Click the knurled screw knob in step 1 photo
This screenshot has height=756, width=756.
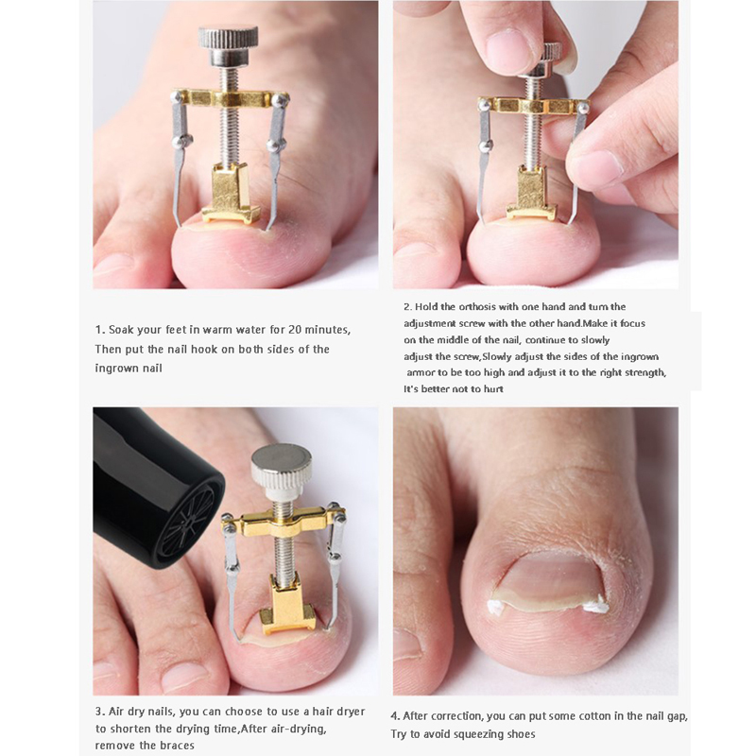click(x=228, y=44)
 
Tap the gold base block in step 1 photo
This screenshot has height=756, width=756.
click(x=231, y=194)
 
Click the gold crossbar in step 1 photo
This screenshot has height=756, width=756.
click(x=228, y=98)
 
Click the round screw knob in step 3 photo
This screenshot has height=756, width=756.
click(x=281, y=466)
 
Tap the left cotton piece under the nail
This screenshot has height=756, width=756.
click(x=495, y=608)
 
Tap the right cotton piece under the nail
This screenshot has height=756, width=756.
click(x=594, y=604)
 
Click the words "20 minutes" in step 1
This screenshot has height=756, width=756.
click(x=319, y=330)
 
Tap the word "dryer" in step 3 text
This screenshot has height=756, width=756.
click(x=349, y=712)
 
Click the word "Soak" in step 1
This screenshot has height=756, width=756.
click(x=121, y=330)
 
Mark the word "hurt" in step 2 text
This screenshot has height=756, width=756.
click(x=492, y=389)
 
